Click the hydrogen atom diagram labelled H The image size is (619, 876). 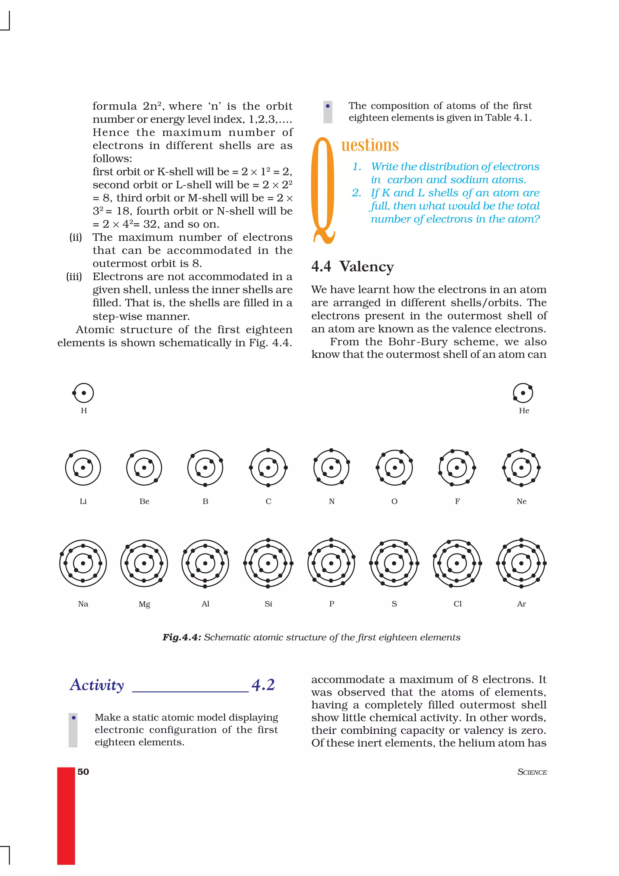point(83,393)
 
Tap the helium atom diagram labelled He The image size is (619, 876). point(523,393)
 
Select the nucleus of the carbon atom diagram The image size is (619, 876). point(268,468)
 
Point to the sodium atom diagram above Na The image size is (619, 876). point(83,563)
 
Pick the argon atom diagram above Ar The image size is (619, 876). point(521,563)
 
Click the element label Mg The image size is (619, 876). point(144,604)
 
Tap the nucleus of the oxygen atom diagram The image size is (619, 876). point(395,468)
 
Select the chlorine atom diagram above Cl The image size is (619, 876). point(457,563)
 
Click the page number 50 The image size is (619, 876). point(83,772)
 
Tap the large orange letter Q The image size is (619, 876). point(323,191)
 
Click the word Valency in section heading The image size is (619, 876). point(367,266)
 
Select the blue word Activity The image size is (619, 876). point(97,685)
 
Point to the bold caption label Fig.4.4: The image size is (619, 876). point(182,637)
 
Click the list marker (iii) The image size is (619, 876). point(74,276)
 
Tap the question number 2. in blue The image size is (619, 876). point(356,193)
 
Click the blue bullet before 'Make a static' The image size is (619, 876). point(74,718)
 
